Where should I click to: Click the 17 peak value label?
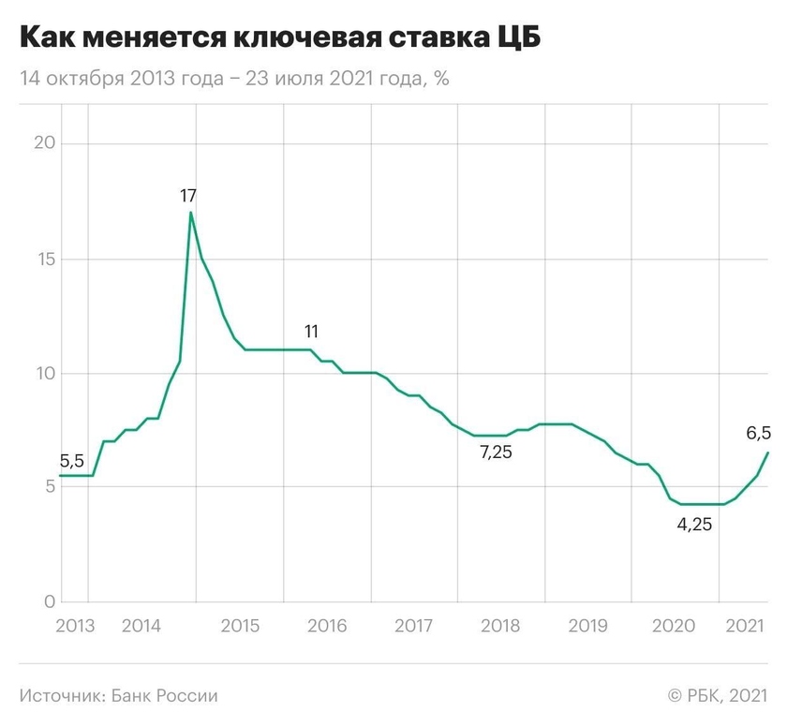pos(188,196)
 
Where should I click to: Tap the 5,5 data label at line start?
pos(72,461)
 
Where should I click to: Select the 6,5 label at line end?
pos(759,433)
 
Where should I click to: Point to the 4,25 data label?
pos(695,525)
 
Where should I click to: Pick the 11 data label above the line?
pos(312,331)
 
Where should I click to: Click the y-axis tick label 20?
pos(44,144)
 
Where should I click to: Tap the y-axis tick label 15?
pos(44,260)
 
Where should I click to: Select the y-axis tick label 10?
pos(44,374)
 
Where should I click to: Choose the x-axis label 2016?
pos(327,625)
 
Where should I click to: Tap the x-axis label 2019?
pos(587,625)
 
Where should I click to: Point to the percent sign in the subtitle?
pos(441,80)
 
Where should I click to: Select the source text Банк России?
pos(165,696)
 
